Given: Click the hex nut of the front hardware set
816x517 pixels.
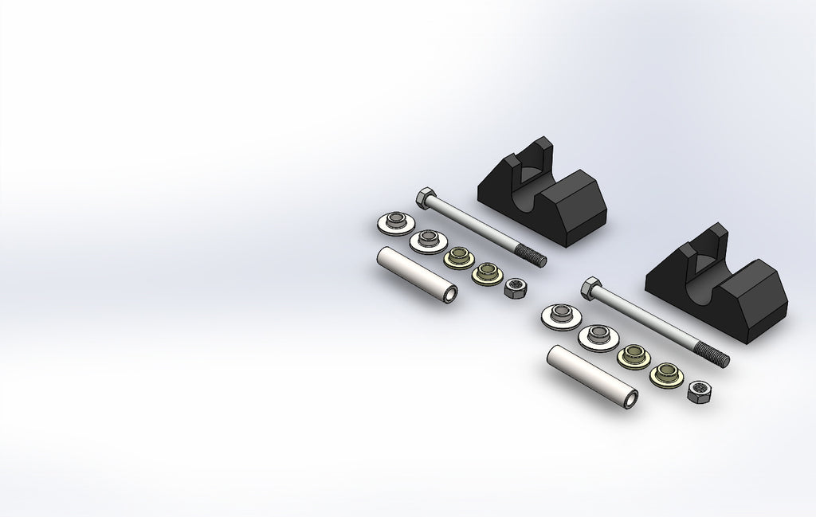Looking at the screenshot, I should coord(698,390).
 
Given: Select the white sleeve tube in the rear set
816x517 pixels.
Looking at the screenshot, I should coord(415,275).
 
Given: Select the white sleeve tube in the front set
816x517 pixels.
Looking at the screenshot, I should coord(590,376).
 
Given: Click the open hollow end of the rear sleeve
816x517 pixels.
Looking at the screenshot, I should coord(451,296).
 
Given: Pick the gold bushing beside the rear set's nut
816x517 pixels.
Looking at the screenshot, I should coord(485,273).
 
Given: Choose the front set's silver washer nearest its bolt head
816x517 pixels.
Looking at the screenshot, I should coord(560,315).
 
